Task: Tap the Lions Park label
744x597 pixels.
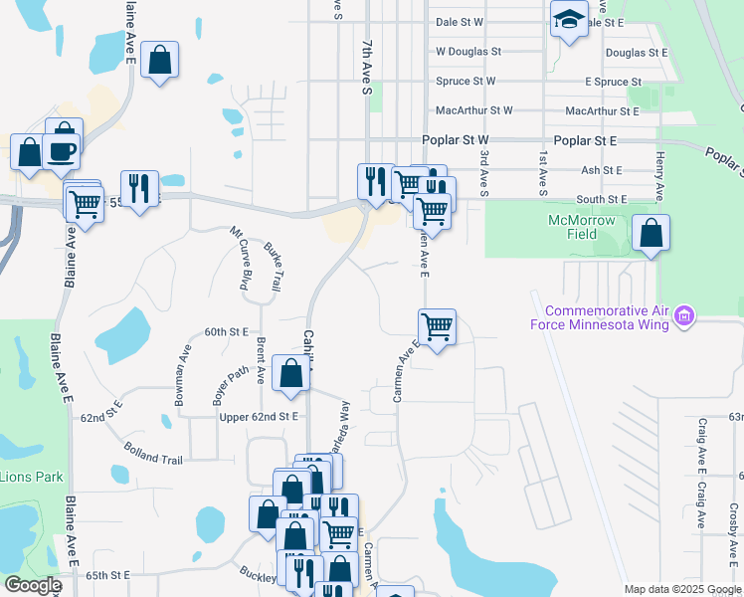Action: (31, 477)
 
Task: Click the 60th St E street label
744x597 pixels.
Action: (226, 331)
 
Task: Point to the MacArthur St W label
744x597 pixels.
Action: (473, 110)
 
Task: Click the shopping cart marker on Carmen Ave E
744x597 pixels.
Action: (438, 326)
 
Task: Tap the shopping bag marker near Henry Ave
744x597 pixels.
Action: (651, 233)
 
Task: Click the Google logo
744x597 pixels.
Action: (33, 585)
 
